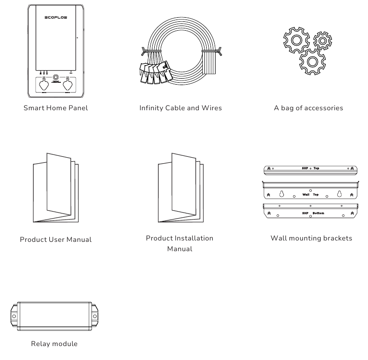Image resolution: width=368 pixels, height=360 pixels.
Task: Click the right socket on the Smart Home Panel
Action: [68, 87]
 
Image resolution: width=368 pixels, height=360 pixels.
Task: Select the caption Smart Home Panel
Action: [56, 108]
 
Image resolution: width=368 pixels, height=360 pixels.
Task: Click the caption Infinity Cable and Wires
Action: [181, 108]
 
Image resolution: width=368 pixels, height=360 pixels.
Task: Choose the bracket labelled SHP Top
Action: [310, 168]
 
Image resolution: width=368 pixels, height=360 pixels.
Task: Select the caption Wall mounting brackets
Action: [311, 238]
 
